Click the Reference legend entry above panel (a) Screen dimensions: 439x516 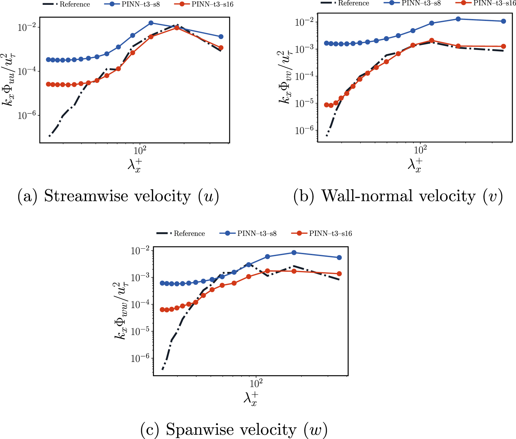pyautogui.click(x=66, y=5)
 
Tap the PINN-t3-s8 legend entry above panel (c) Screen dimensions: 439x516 pyautogui.click(x=248, y=233)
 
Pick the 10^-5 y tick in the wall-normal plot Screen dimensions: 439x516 pyautogui.click(x=304, y=104)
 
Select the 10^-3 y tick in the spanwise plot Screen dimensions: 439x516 pyautogui.click(x=140, y=277)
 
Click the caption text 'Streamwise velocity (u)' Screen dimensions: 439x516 pyautogui.click(x=118, y=196)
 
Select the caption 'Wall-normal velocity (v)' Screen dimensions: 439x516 pyautogui.click(x=398, y=196)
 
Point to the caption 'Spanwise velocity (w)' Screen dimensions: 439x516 pyautogui.click(x=234, y=430)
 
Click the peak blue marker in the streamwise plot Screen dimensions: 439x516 pyautogui.click(x=151, y=23)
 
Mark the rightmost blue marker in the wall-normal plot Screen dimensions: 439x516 pyautogui.click(x=503, y=21)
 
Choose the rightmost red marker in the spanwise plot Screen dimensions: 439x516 pyautogui.click(x=339, y=274)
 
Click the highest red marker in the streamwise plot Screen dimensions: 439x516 pyautogui.click(x=177, y=28)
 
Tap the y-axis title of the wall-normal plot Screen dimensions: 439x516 pyautogui.click(x=285, y=78)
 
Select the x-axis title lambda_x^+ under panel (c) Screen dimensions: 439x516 pyautogui.click(x=251, y=399)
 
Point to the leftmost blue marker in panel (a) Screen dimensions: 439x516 pyautogui.click(x=48, y=60)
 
